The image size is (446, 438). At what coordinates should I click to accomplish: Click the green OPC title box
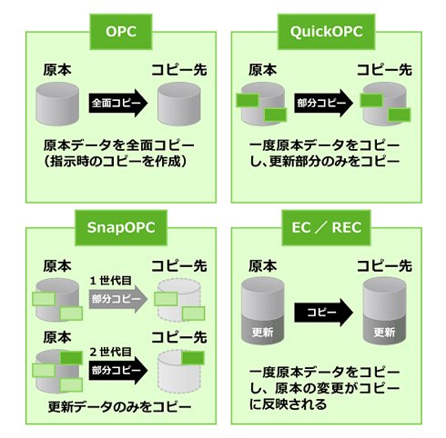tap(121, 32)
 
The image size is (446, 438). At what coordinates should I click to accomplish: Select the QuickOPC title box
tap(326, 32)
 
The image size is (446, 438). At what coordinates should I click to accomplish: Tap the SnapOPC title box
tap(121, 227)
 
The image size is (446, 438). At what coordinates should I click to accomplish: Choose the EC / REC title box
tap(326, 227)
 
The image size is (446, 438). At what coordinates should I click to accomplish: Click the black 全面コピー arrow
tap(118, 103)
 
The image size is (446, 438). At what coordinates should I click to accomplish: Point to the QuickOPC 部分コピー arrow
tap(323, 103)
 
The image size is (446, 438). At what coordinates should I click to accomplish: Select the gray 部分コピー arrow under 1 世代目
tap(118, 299)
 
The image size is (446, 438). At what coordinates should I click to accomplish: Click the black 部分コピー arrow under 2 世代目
tap(118, 370)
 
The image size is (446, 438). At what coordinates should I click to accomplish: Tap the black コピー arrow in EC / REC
tap(323, 313)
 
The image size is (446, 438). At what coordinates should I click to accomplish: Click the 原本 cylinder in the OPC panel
tap(57, 104)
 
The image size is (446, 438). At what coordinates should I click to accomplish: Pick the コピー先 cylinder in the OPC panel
tap(179, 104)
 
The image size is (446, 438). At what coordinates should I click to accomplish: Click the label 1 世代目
tap(110, 281)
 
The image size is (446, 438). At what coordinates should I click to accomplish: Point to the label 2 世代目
tap(110, 352)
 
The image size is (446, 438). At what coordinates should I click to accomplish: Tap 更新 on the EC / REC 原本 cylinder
tap(263, 333)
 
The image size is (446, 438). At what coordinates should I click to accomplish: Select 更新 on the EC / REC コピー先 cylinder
tap(384, 333)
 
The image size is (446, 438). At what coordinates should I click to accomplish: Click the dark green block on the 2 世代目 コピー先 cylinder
tap(193, 358)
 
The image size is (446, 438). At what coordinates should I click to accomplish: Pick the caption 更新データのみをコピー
tap(119, 406)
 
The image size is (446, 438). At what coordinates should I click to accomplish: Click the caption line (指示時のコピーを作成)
tap(116, 161)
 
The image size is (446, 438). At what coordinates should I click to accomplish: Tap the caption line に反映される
tap(288, 404)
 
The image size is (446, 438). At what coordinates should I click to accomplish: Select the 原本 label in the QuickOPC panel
tap(263, 70)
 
